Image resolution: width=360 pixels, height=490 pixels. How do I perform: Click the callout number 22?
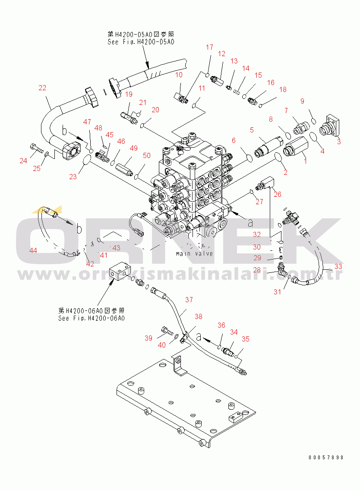pos(42,88)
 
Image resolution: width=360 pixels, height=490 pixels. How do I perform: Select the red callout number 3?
pos(338,140)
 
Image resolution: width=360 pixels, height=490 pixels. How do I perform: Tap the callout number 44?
pos(33,250)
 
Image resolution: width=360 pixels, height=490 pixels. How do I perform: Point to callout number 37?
pos(189,300)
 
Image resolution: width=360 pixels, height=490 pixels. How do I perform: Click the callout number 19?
pos(129,95)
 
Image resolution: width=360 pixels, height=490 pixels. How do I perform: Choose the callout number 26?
pos(277,194)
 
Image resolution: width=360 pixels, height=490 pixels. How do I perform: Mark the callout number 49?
pos(133,148)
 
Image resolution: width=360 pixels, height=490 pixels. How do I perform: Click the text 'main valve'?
pos(194,253)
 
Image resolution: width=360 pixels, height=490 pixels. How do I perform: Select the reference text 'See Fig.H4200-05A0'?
pos(141,42)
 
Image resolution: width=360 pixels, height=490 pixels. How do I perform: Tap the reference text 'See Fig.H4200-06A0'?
pos(92,318)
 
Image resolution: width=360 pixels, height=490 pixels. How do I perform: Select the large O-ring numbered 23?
pos(86,161)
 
